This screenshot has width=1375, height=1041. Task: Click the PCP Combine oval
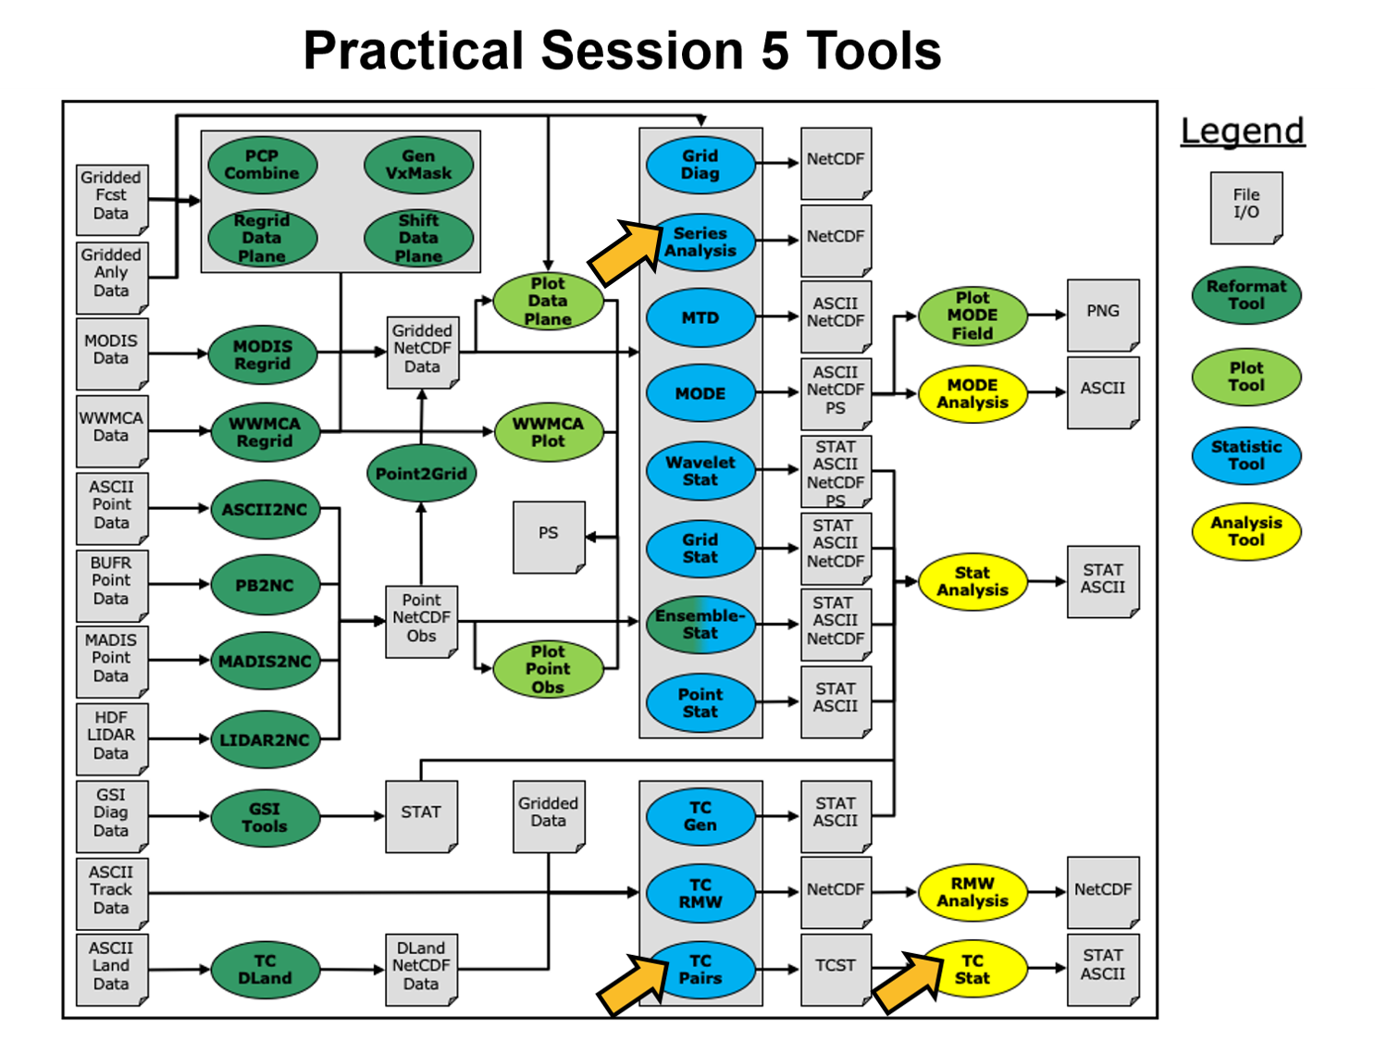[262, 165]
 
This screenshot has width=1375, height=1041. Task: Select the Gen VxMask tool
[418, 165]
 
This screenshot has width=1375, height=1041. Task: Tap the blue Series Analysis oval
[700, 242]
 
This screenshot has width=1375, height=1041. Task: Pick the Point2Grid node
[421, 474]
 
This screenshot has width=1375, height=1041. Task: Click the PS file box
[549, 536]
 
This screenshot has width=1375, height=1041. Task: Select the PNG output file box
[1102, 314]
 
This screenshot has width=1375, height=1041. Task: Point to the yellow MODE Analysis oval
[972, 394]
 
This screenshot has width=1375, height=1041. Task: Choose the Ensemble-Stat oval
[700, 625]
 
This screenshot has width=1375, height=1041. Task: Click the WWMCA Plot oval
[548, 432]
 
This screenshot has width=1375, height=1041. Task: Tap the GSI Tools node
[265, 817]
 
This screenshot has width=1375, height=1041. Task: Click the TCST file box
[835, 968]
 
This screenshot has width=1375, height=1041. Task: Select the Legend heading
[1242, 130]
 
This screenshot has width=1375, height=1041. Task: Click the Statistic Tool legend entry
[1245, 455]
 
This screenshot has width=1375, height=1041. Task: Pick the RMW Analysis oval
[972, 892]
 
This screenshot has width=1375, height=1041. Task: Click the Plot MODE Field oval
[972, 316]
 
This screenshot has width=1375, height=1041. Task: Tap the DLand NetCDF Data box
[421, 968]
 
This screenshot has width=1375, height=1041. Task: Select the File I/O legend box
[1245, 206]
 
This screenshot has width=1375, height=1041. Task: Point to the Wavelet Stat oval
[700, 471]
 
